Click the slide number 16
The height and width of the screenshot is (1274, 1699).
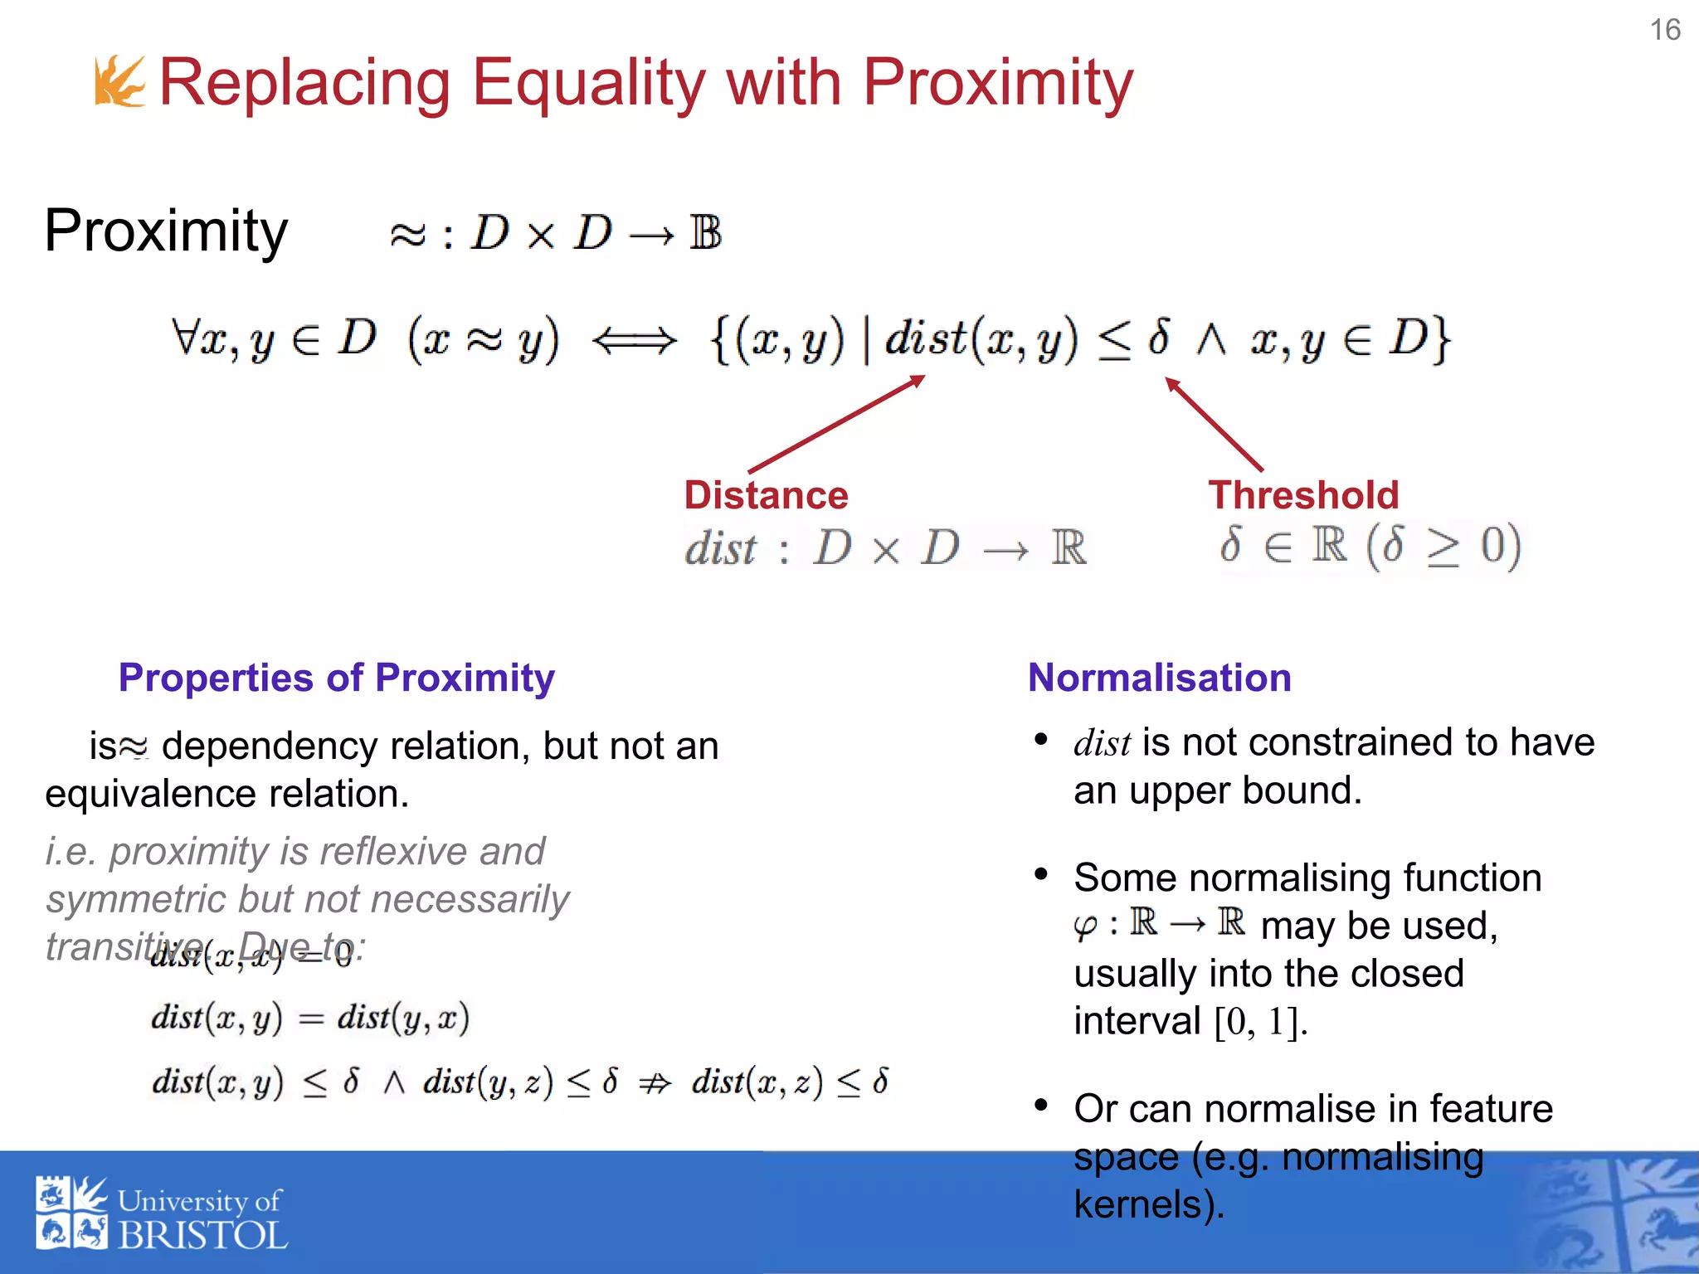click(1664, 30)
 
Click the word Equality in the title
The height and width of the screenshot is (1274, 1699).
click(589, 83)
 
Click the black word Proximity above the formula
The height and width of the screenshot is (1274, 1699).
click(166, 231)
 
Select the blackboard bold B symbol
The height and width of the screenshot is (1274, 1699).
click(705, 233)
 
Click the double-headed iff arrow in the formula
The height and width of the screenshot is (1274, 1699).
click(635, 340)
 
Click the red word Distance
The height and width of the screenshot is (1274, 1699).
click(766, 495)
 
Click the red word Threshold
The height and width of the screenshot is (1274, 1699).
click(1303, 495)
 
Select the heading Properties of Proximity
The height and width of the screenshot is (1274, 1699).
click(336, 678)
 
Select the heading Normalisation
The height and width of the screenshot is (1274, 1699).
click(1159, 678)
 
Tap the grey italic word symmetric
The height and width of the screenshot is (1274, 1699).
click(136, 899)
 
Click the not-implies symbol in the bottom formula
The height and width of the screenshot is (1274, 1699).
click(655, 1082)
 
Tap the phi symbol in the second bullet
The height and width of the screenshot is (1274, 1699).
click(1085, 925)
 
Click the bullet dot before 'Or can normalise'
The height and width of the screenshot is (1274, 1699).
click(1041, 1106)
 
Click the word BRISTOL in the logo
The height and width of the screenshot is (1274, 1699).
click(203, 1236)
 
